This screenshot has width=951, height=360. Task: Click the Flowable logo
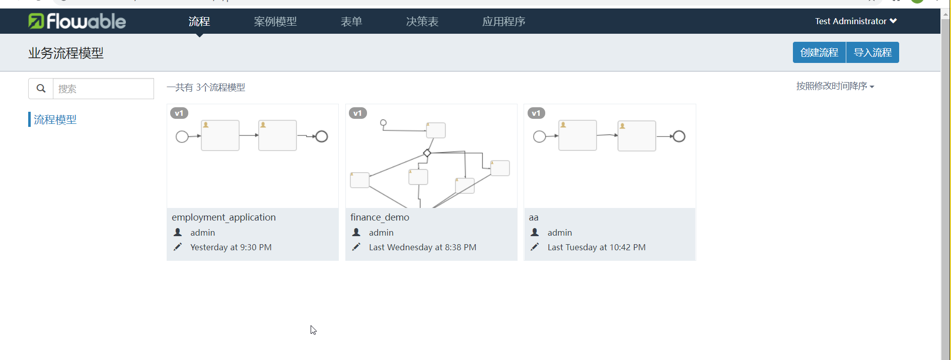[77, 21]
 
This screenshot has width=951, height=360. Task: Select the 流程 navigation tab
[199, 22]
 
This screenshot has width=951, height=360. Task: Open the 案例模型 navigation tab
[275, 22]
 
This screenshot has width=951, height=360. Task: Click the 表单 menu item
[351, 22]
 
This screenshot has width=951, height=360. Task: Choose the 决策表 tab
[422, 22]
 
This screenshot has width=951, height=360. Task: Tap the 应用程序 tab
[504, 22]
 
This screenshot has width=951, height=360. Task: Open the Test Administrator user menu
[855, 21]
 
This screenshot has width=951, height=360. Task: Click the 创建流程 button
[819, 52]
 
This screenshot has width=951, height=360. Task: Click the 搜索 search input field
[103, 89]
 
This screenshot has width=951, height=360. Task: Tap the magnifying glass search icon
[41, 89]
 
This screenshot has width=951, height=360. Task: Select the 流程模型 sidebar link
[55, 119]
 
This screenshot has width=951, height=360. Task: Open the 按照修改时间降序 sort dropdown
[835, 86]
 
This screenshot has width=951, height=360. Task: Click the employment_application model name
[224, 217]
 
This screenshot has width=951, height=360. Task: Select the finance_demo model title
[380, 217]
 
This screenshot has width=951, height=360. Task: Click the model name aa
[534, 218]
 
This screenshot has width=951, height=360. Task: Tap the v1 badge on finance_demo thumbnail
[357, 113]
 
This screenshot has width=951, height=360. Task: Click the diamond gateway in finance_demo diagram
[427, 153]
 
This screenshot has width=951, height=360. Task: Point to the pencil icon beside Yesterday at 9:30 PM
[178, 247]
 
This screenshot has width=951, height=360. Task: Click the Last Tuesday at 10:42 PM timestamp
[596, 247]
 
